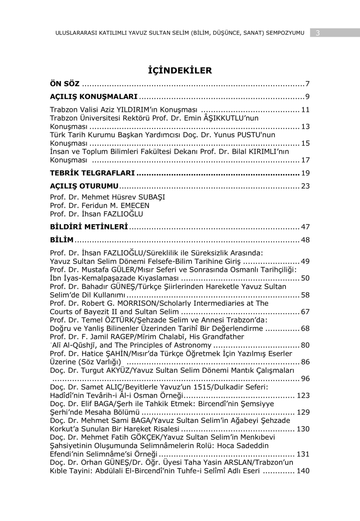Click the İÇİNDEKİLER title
pos(180,70)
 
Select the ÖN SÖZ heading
pos(65,84)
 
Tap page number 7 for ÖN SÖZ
pos(308,84)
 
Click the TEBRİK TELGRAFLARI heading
pos(92,173)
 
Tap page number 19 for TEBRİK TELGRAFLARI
pos(305,173)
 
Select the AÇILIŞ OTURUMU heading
pos(84,186)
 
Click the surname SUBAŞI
pos(148,197)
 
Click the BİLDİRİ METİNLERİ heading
pos(89,226)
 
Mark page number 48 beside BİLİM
pos(305,240)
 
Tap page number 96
pos(305,379)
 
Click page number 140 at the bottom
pos(303,471)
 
